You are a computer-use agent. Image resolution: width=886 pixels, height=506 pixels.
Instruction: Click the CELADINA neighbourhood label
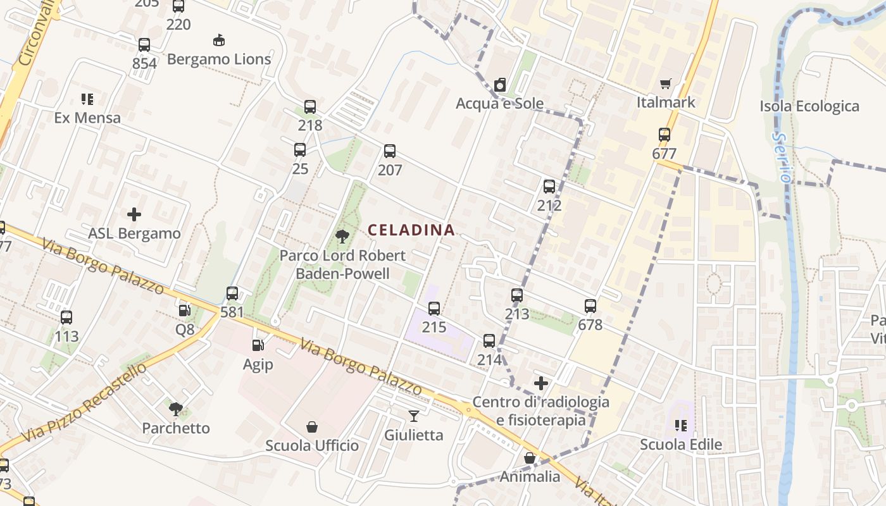click(411, 230)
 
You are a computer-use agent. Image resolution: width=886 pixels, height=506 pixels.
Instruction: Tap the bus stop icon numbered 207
click(390, 151)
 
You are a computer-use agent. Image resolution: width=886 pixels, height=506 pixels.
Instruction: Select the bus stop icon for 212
click(549, 187)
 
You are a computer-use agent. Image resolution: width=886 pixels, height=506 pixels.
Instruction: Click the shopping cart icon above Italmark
click(665, 84)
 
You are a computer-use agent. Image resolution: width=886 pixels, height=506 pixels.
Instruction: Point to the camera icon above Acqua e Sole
click(500, 85)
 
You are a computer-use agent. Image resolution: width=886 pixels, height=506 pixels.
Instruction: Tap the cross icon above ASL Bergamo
click(134, 214)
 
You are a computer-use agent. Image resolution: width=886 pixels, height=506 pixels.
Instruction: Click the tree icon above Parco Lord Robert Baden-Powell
click(342, 237)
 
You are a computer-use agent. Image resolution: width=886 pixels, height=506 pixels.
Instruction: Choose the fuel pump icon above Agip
click(258, 345)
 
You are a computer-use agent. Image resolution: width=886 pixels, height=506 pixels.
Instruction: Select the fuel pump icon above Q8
click(185, 310)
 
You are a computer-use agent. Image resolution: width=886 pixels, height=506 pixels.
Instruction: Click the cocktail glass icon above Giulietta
click(414, 416)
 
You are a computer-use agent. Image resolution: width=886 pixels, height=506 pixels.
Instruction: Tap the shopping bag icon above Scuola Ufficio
click(312, 427)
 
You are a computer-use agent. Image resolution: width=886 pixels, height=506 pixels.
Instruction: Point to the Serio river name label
click(782, 157)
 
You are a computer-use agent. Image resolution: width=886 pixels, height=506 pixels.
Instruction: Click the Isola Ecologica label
click(809, 106)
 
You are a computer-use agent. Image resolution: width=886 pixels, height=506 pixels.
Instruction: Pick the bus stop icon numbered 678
click(590, 306)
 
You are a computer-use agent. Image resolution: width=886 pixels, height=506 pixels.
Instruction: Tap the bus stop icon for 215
click(434, 308)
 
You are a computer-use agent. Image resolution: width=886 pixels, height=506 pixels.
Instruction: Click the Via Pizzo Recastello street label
click(84, 402)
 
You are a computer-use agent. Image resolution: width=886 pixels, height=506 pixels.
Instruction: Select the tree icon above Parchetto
click(176, 409)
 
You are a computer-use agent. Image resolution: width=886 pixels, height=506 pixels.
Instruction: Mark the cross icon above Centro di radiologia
click(541, 383)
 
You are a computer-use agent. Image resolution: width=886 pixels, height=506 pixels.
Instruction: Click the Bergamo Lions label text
click(219, 59)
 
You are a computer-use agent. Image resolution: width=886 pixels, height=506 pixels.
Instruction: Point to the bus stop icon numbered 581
click(232, 293)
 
